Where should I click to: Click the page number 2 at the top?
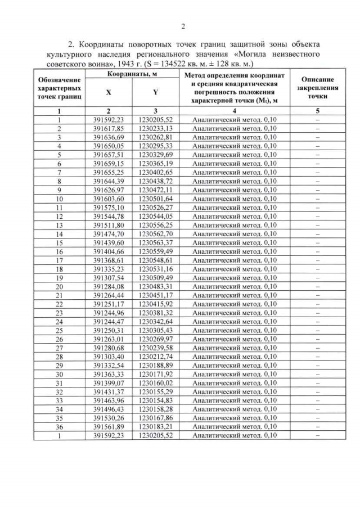(x=183, y=26)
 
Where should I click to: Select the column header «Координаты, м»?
(x=132, y=74)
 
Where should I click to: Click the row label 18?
(x=58, y=269)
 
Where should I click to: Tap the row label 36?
(x=58, y=426)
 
